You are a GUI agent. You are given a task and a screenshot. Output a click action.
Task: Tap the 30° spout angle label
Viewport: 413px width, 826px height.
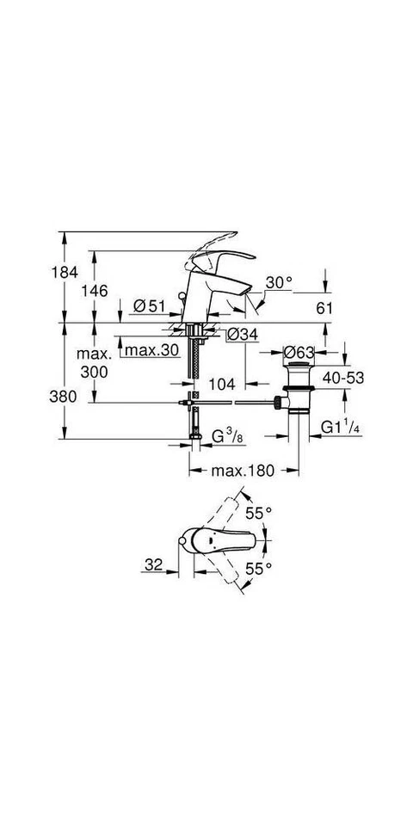click(x=280, y=282)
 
